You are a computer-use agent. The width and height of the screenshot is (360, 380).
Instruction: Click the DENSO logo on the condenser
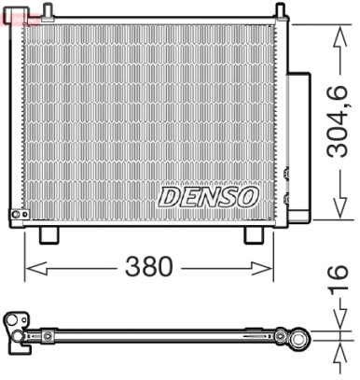tap(207, 197)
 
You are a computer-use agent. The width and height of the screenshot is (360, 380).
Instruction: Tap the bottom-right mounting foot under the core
tap(254, 234)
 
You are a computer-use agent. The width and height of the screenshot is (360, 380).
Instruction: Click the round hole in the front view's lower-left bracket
tap(15, 216)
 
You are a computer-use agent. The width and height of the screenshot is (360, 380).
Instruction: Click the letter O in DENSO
tap(246, 197)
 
